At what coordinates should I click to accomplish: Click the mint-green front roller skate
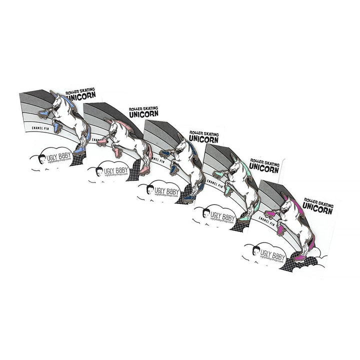(219, 174)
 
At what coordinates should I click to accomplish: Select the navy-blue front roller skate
(166, 154)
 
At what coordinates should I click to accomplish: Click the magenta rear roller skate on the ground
(299, 258)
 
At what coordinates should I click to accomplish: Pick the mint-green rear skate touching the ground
(243, 219)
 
